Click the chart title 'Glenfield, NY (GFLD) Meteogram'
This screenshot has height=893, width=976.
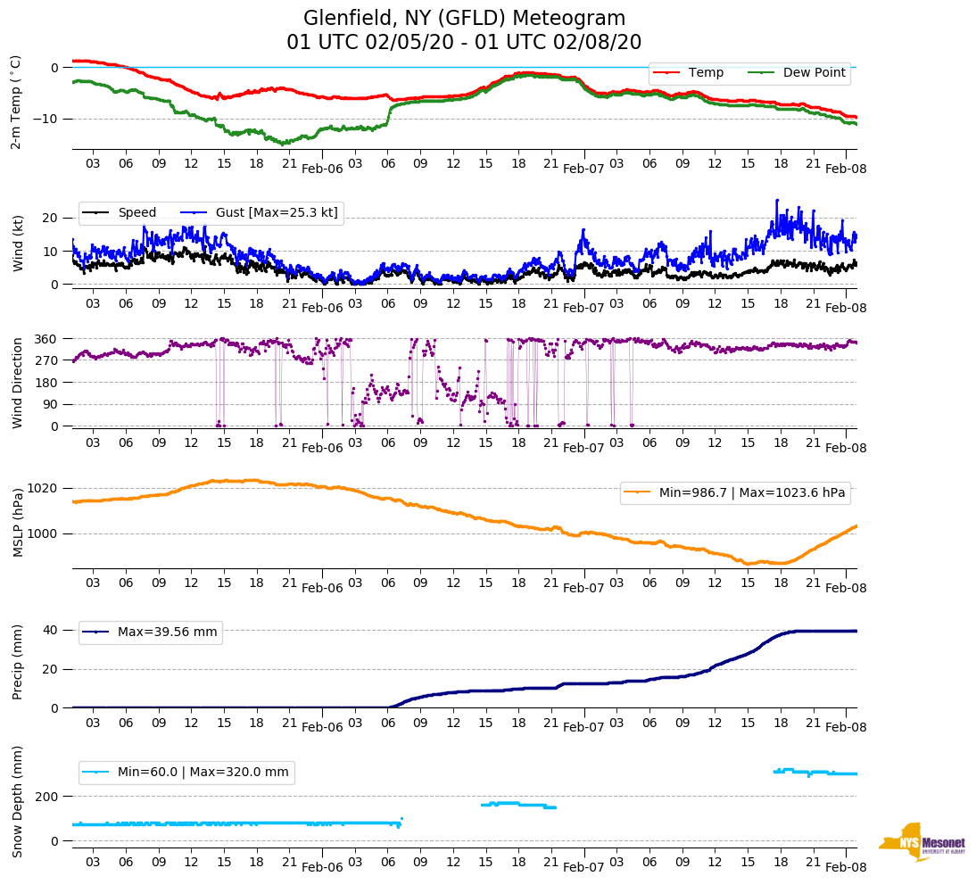pyautogui.click(x=464, y=19)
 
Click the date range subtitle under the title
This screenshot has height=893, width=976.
pyautogui.click(x=464, y=43)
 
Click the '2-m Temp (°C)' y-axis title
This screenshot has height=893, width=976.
pyautogui.click(x=15, y=102)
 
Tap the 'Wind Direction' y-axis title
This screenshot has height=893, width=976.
pyautogui.click(x=18, y=382)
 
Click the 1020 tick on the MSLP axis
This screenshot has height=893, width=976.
pyautogui.click(x=44, y=488)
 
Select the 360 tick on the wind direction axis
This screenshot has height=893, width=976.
pyautogui.click(x=47, y=339)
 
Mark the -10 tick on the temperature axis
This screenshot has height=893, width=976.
pyautogui.click(x=45, y=119)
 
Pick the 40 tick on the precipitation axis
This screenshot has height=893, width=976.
pyautogui.click(x=51, y=630)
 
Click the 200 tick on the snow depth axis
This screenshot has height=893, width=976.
pyautogui.click(x=47, y=796)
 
